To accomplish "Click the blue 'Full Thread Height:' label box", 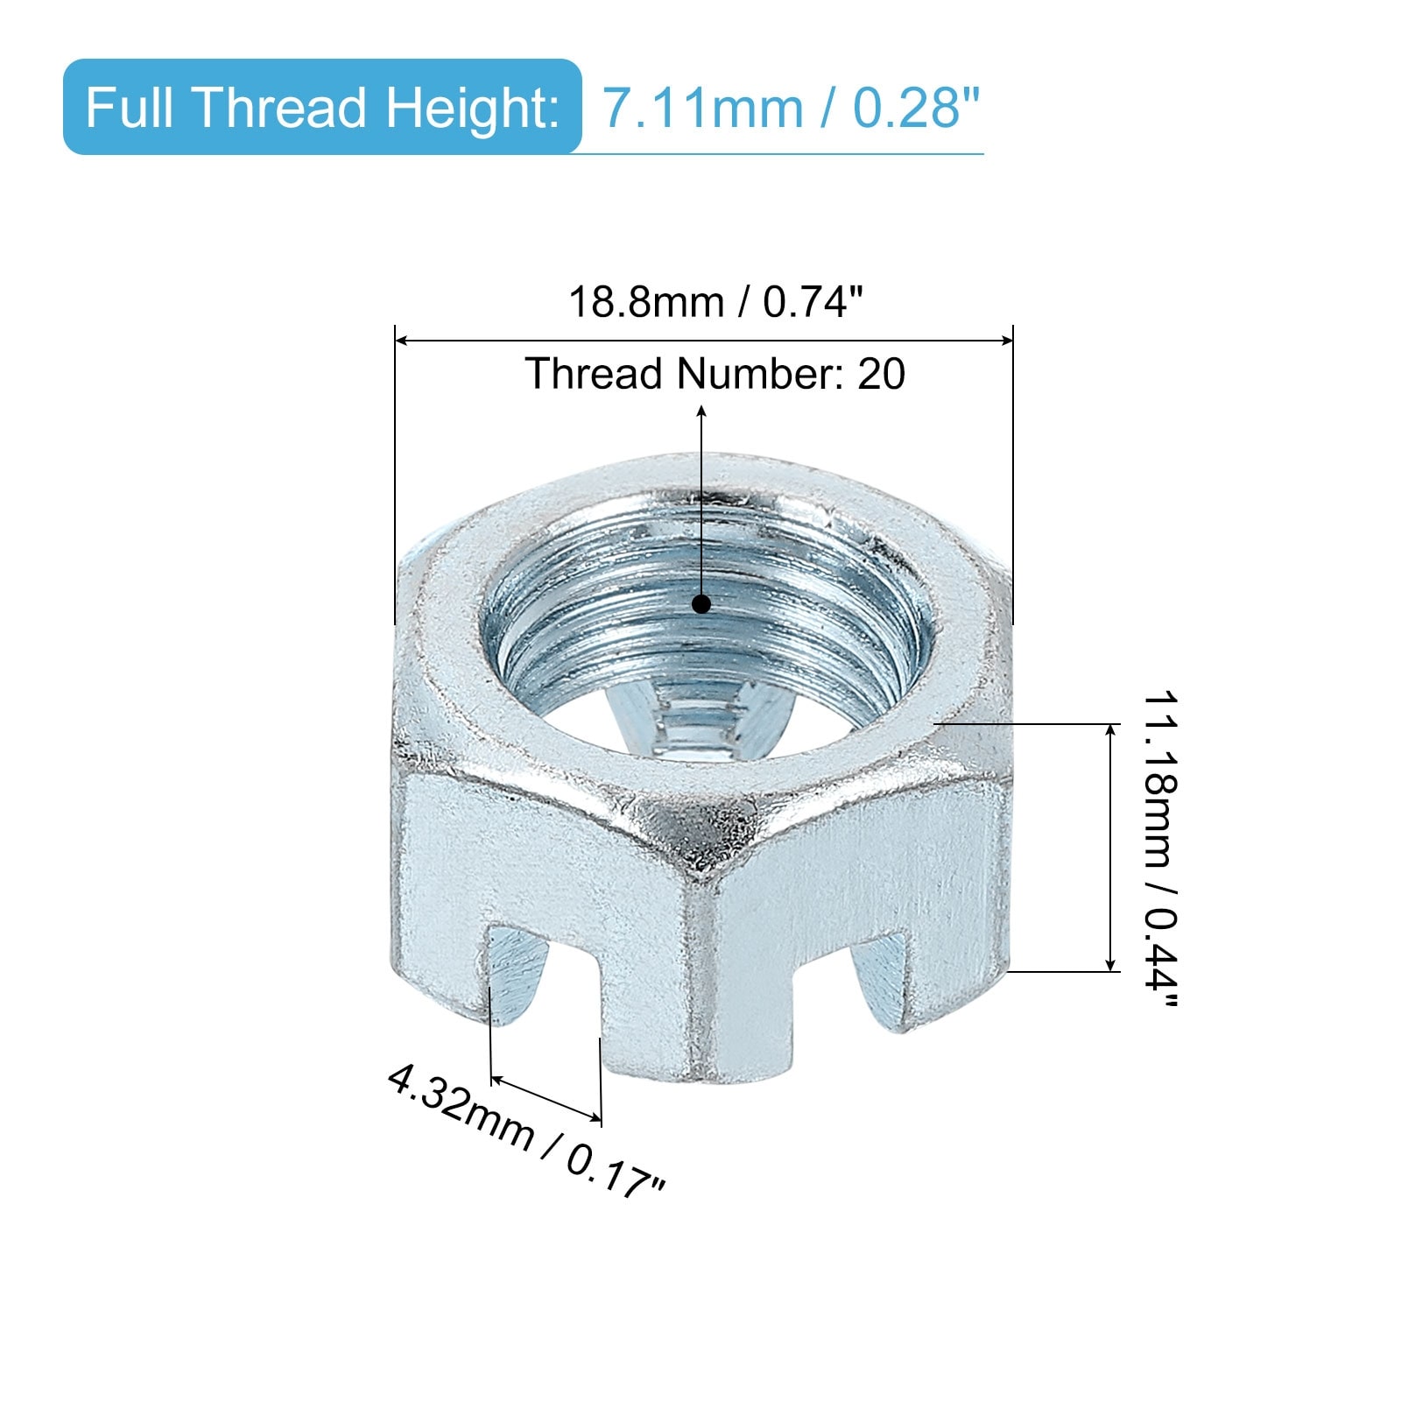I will pos(322,107).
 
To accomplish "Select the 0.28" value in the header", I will pos(916,109).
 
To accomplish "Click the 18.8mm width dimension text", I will pos(646,303).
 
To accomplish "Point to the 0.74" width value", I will pos(813,303).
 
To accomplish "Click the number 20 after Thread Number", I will pos(881,374).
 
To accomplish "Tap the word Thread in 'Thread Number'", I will pos(594,374).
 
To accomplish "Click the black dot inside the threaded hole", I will pos(701,604).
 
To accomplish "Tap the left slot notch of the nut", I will pos(517,972).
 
